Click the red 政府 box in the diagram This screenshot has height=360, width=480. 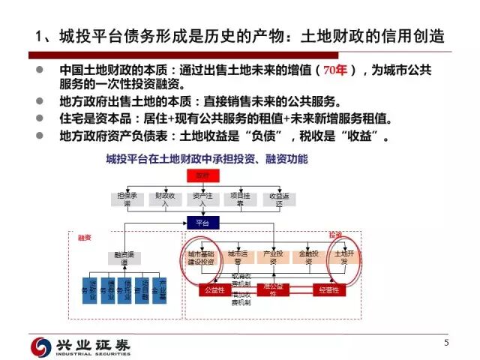pos(202,175)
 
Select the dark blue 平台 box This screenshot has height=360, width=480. pos(202,223)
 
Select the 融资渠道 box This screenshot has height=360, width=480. pos(123,257)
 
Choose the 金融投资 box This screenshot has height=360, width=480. pos(308,257)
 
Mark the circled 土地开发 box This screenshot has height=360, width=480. pos(342,257)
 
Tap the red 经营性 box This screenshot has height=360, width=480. pos(329,289)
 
